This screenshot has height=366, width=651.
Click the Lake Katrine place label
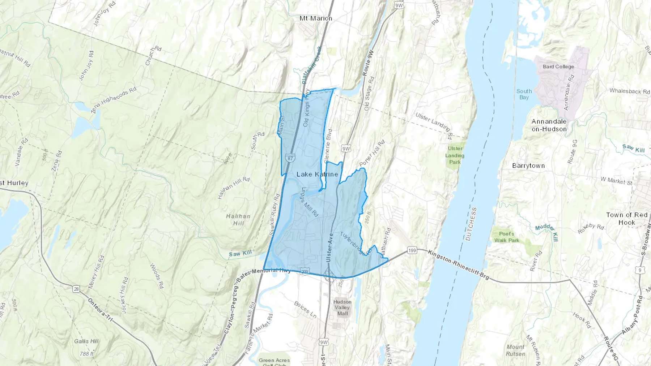coord(317,174)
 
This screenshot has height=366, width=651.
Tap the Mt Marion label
coord(316,18)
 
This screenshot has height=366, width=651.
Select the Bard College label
coord(558,67)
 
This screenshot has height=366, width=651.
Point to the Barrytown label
coord(528,166)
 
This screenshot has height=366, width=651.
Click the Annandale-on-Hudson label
coord(549,125)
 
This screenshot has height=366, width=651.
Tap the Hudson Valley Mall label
coord(342,307)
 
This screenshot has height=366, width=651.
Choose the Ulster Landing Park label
coord(455,155)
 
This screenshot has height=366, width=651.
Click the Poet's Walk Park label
coord(506,237)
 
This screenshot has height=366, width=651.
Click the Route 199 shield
coord(412,250)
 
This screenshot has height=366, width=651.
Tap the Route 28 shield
coord(76,289)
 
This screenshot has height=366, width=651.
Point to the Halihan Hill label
coord(238,220)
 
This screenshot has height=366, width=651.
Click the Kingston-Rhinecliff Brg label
coord(458,264)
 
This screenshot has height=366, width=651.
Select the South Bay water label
coord(524,94)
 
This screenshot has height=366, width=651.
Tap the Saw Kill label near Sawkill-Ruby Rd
coord(240,254)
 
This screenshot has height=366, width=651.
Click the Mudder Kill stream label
coord(547,233)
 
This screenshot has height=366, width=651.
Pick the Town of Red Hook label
coord(626,219)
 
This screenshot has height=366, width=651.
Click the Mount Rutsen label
coord(515,350)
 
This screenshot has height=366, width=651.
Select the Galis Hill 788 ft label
coord(86,347)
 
